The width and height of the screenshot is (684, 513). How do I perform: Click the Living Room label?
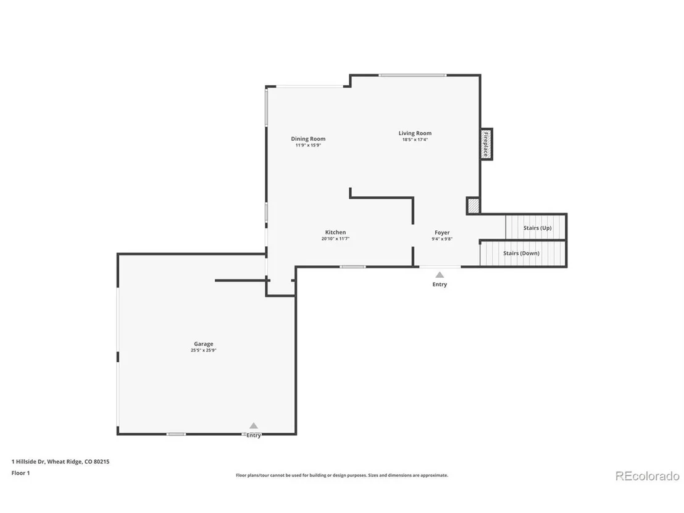pos(415,133)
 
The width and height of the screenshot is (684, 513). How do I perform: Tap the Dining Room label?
pos(308,139)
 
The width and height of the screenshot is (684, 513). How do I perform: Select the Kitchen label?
pos(335,232)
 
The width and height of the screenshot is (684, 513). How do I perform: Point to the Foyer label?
pos(442,233)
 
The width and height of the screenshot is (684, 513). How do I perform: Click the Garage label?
pos(204,344)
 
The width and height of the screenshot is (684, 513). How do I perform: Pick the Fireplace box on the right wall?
pos(486,144)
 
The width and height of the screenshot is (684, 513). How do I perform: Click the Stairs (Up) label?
pos(538,228)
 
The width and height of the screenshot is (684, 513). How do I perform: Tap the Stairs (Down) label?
pos(521,253)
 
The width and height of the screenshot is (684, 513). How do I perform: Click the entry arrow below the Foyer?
pos(440,275)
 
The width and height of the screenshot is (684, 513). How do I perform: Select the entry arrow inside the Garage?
pos(254,426)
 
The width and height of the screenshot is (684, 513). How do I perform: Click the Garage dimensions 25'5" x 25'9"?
pos(204,350)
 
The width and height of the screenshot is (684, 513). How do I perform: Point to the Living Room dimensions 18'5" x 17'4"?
pos(415,140)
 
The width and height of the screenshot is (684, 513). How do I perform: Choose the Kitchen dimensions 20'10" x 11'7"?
pos(335,239)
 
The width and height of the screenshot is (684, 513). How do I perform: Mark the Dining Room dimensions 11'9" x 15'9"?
pos(308,145)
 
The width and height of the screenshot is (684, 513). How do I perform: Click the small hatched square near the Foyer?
pos(473,206)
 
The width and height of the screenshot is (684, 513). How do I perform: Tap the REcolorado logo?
pos(648,476)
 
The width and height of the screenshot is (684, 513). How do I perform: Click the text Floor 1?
pos(20,473)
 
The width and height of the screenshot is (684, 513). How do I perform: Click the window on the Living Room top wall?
pos(412,75)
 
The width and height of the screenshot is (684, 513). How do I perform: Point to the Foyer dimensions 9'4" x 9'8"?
pos(442,239)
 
